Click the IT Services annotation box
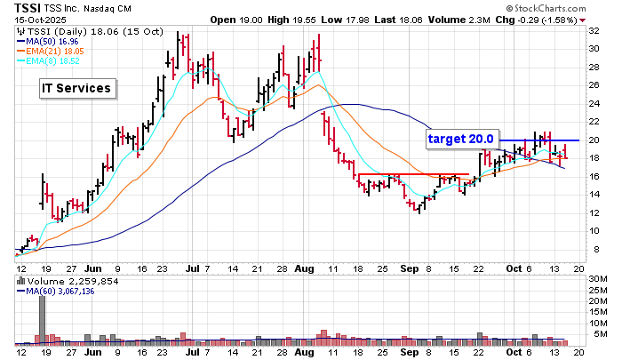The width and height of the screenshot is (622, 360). pyautogui.click(x=77, y=87)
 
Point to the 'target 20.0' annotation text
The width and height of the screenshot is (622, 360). pyautogui.click(x=461, y=139)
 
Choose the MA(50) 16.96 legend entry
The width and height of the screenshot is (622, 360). pyautogui.click(x=52, y=41)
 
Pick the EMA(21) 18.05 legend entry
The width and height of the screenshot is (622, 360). pyautogui.click(x=55, y=51)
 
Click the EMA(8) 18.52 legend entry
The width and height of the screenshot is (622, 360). pyautogui.click(x=52, y=60)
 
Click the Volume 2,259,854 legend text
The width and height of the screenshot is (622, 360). pyautogui.click(x=61, y=280)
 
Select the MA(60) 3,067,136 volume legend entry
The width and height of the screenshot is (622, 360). pyautogui.click(x=61, y=290)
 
